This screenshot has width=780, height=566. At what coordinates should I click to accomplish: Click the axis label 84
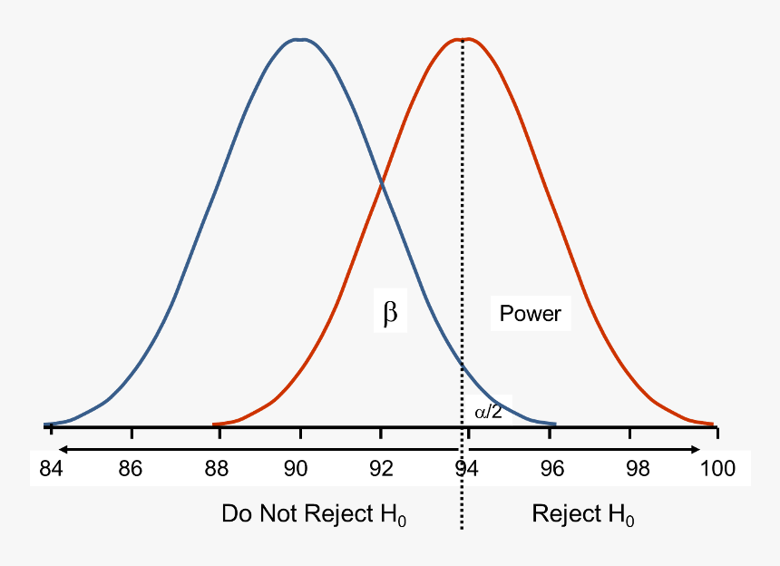(51, 469)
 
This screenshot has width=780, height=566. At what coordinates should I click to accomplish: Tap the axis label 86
(131, 469)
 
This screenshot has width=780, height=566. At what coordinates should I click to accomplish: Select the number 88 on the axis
(215, 469)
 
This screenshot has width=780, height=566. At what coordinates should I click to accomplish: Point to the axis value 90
(296, 469)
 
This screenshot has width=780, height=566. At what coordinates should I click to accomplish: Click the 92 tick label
(381, 469)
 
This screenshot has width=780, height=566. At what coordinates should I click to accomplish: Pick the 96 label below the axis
(551, 469)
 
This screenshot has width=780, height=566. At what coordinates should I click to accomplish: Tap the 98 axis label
(638, 469)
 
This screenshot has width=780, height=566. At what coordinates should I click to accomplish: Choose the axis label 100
(717, 469)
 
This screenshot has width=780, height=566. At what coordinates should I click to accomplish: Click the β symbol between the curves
(390, 314)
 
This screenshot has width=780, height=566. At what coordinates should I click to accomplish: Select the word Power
(531, 314)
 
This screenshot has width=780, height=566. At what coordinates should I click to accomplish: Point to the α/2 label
(488, 412)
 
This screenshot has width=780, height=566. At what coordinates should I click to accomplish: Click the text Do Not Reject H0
(314, 514)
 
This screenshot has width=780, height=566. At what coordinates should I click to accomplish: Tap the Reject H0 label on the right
(583, 514)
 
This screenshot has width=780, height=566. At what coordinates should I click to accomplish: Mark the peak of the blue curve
(299, 39)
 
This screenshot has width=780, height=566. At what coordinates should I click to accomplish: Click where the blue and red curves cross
(382, 185)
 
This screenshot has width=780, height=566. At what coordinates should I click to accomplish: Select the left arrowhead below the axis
(59, 449)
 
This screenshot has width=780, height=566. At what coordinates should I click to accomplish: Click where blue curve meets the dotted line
(463, 367)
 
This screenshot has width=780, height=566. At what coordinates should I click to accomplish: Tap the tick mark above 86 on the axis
(132, 431)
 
